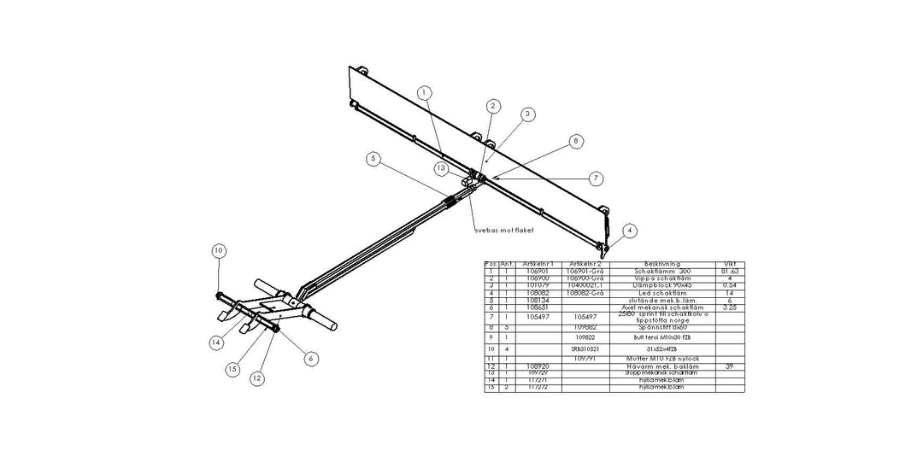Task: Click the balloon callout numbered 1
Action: pos(425,91)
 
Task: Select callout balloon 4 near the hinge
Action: pos(630,230)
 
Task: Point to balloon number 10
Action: pos(219,251)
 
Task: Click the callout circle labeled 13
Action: pos(440,168)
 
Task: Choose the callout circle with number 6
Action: pos(310,359)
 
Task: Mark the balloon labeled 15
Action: pos(232,369)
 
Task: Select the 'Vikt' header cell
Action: pos(729,265)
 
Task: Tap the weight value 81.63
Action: pos(729,272)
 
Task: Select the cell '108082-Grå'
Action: pos(585,293)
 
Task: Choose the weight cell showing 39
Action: pos(729,366)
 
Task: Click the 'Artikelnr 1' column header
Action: pos(538,265)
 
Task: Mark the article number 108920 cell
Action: pos(538,366)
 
